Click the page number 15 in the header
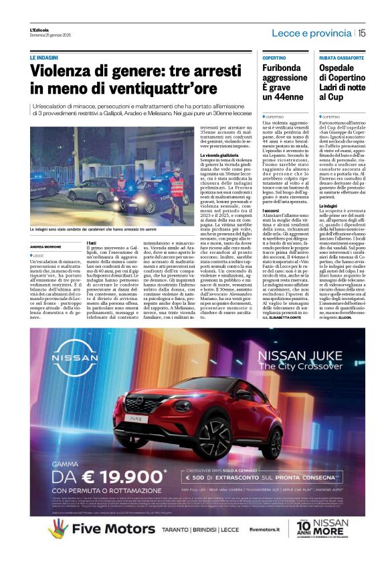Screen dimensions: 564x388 pyautogui.click(x=361, y=32)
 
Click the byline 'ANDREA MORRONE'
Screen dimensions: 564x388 pyautogui.click(x=45, y=247)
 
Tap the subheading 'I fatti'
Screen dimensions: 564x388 pyautogui.click(x=93, y=242)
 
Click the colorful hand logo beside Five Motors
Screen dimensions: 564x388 pyautogui.click(x=58, y=529)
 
